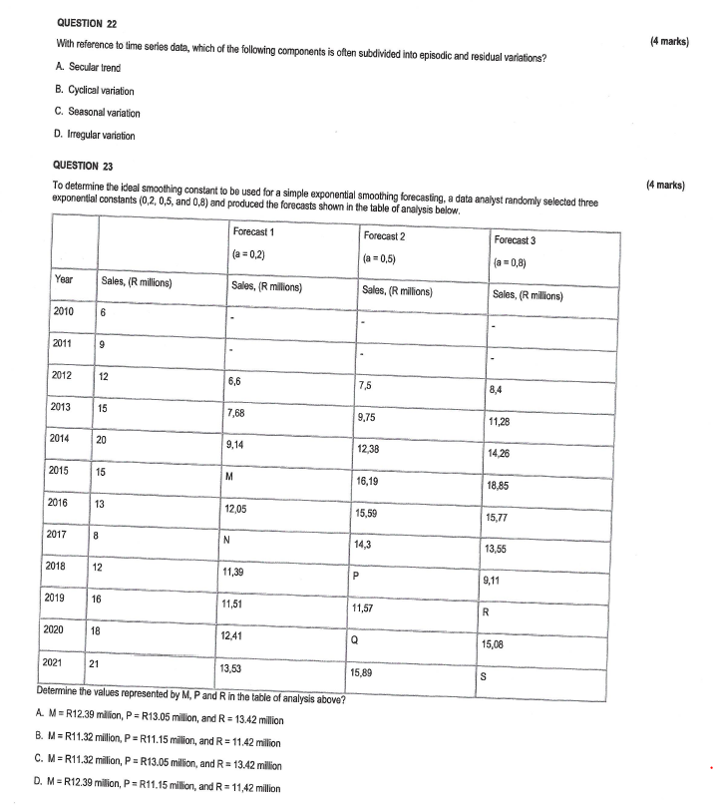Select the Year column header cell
click(63, 281)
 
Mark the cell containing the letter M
click(231, 476)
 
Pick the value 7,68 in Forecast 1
click(240, 413)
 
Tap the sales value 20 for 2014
click(103, 438)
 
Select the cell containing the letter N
click(230, 541)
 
